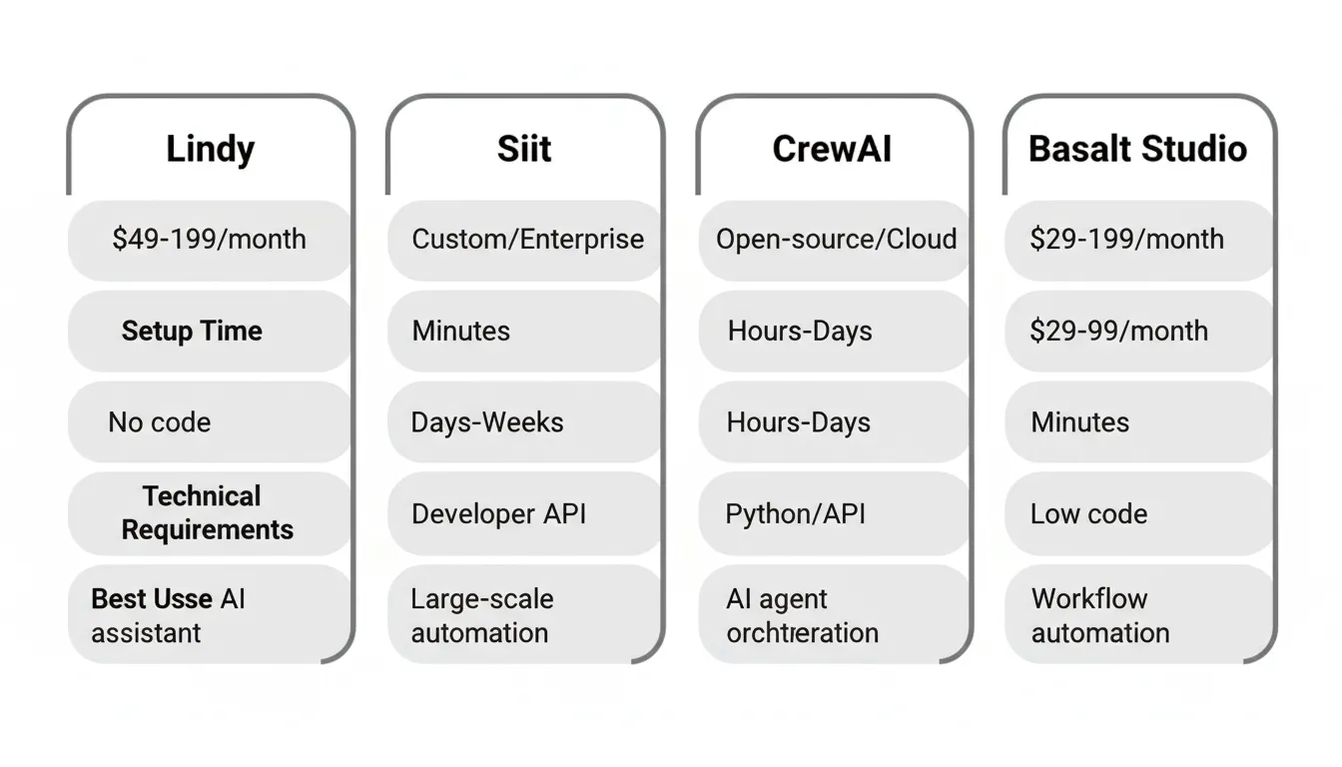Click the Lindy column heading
210,150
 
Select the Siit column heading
524,150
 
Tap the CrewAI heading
832,150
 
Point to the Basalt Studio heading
1137,150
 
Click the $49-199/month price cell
210,240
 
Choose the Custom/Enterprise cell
527,240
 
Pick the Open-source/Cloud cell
836,240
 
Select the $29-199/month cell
1126,240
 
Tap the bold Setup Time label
192,332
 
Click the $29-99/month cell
1118,332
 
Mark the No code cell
160,422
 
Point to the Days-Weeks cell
487,422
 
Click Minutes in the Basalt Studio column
1079,422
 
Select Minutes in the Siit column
460,332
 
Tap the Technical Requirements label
207,513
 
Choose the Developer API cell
498,514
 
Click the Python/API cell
795,514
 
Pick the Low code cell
1088,514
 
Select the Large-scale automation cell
481,615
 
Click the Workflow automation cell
1099,615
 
